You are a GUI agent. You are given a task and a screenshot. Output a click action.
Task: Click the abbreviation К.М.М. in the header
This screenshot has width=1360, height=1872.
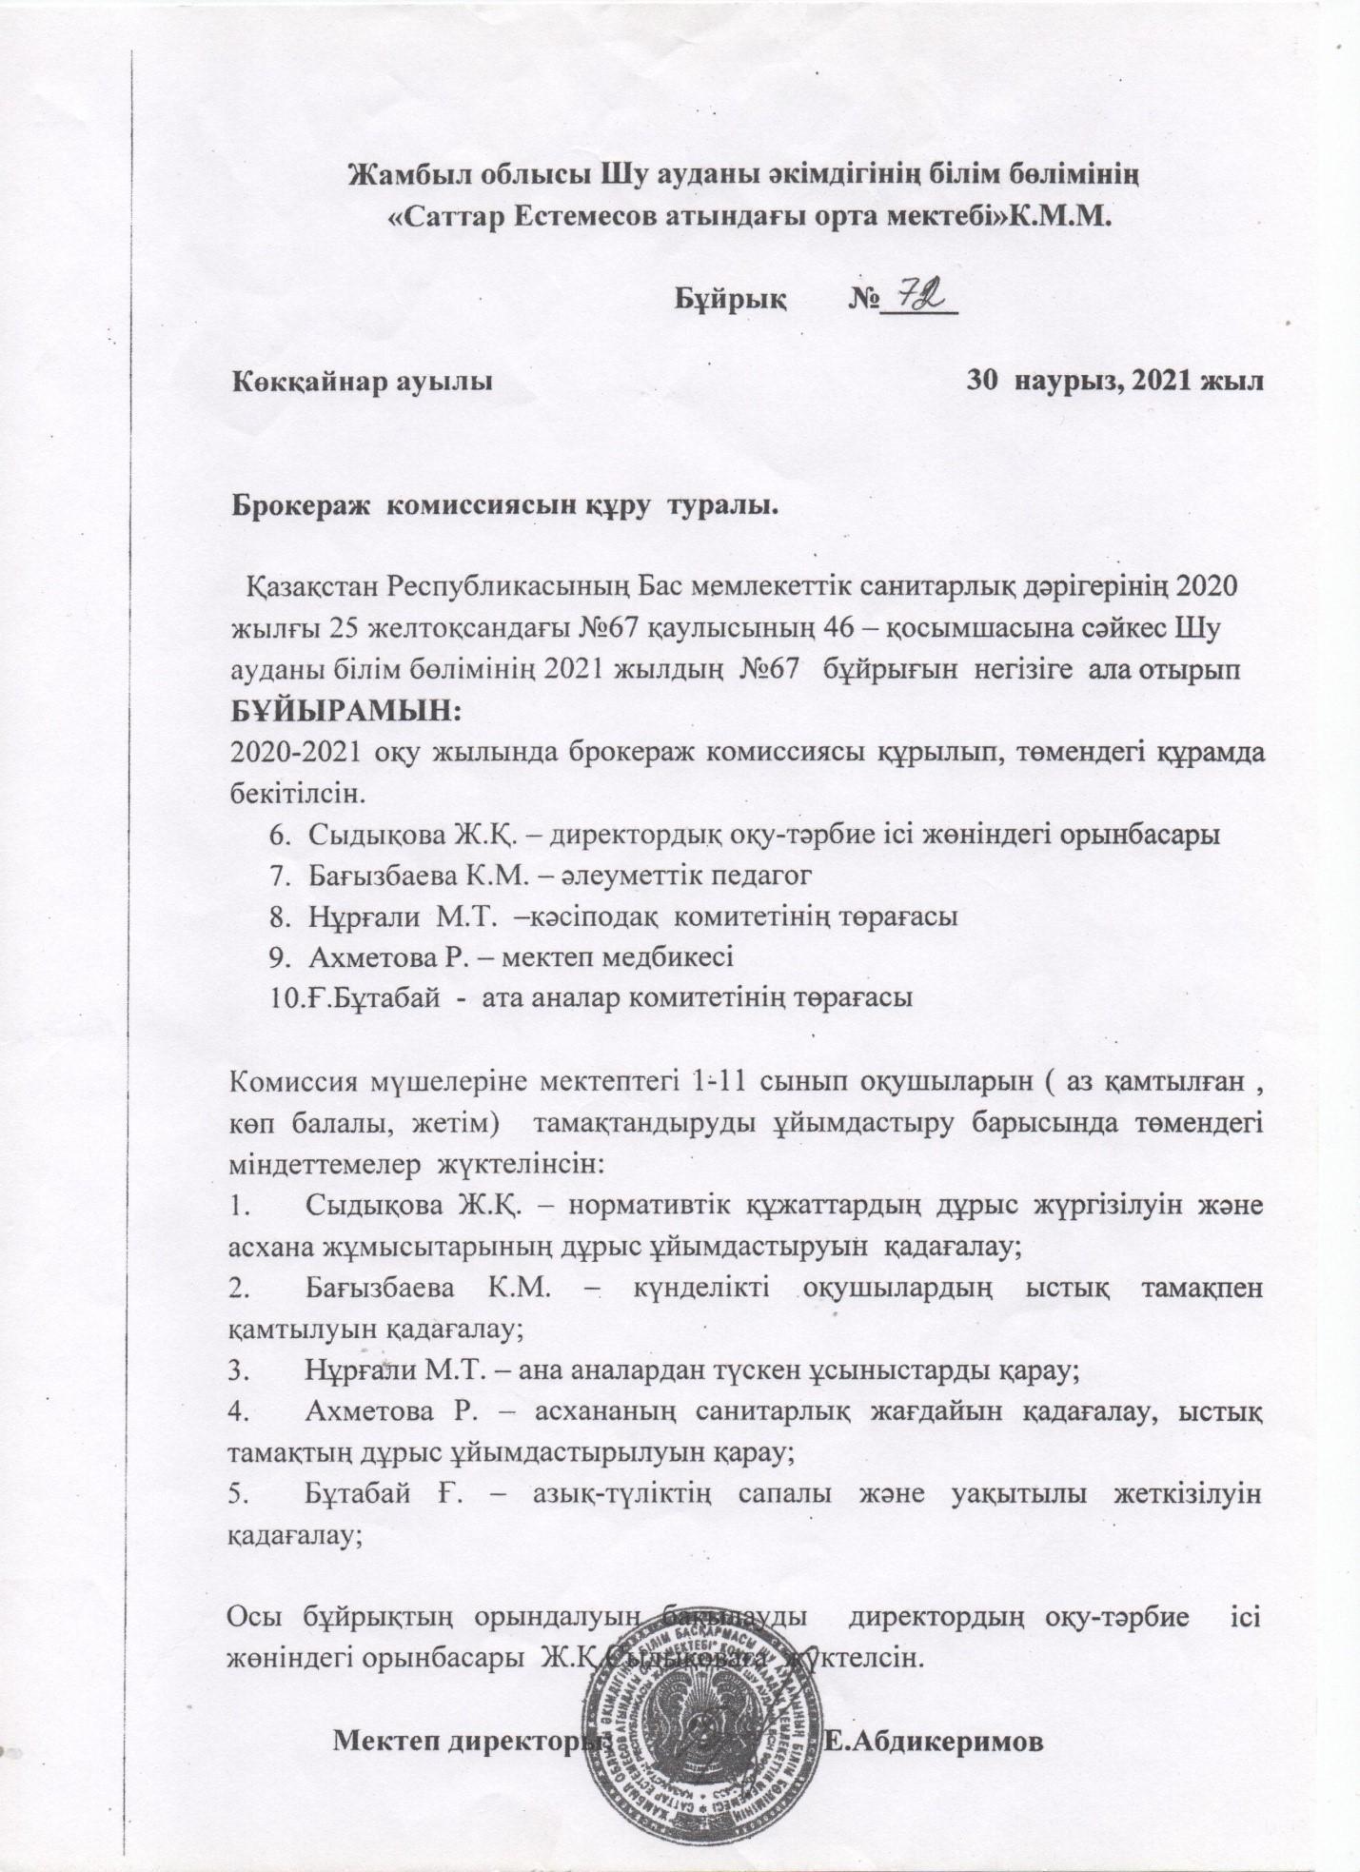click(1059, 215)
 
